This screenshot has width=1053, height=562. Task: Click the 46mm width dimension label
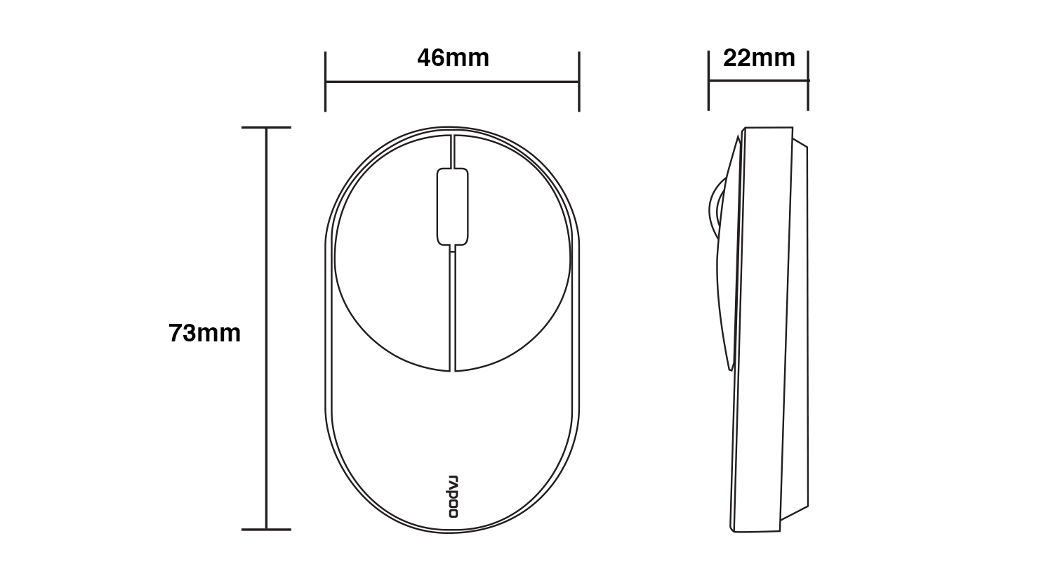(x=453, y=58)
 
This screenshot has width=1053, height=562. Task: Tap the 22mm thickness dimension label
(x=759, y=58)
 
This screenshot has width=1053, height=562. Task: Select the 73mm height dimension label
(x=204, y=333)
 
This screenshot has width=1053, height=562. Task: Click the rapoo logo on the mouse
(x=453, y=496)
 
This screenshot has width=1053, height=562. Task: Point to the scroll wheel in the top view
(x=452, y=207)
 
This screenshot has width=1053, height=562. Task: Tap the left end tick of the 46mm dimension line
(x=325, y=81)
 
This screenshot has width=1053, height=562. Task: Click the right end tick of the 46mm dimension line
(x=579, y=81)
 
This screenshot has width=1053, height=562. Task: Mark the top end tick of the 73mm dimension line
(x=266, y=127)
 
